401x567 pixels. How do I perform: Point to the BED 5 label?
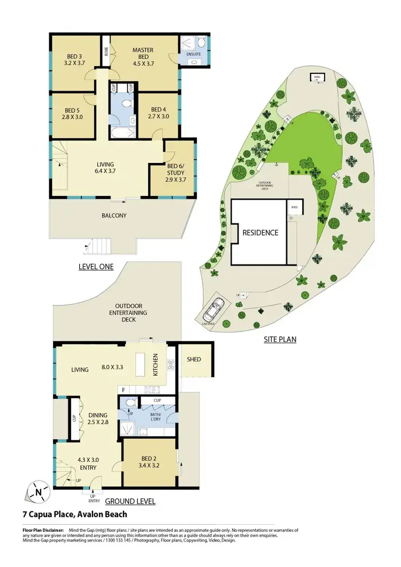tap(71, 113)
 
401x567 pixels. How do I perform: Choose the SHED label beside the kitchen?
tap(194, 359)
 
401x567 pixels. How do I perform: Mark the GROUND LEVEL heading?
tap(130, 502)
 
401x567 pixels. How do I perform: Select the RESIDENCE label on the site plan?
tap(260, 232)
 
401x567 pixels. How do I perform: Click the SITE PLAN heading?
tap(280, 339)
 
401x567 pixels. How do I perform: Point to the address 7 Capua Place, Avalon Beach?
tap(75, 515)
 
